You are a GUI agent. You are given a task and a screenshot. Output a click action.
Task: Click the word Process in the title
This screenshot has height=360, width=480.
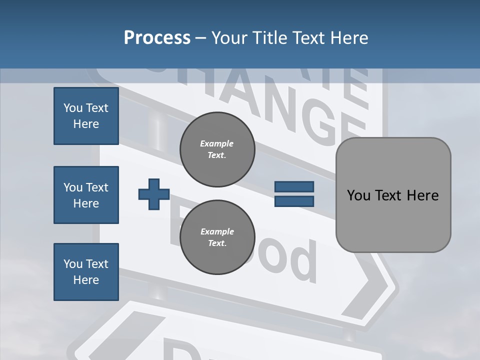pos(157,37)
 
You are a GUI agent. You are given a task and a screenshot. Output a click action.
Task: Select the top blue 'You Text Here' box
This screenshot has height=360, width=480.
pos(86,116)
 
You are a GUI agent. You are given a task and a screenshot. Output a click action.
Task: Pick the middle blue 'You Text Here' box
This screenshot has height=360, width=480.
pos(86,195)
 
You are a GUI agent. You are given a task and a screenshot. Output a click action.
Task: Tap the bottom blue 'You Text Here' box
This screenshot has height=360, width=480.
pos(86,272)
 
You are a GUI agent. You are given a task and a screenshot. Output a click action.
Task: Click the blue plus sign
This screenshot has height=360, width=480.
pos(154,194)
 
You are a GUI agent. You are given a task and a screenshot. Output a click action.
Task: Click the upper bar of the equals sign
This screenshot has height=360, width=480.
pos(294,187)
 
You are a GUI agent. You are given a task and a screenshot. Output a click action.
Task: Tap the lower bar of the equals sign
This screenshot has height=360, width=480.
pos(294,201)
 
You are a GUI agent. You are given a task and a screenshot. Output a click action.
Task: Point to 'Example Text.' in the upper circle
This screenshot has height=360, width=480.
pos(217,149)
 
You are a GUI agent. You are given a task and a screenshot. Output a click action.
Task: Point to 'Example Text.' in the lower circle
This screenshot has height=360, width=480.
pos(217,237)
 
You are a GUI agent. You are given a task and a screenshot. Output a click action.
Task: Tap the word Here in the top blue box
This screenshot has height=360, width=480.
pos(86,124)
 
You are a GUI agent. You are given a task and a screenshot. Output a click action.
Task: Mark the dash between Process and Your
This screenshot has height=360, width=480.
pos(200,38)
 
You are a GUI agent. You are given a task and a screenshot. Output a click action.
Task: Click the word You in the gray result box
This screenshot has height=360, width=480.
pos(358,195)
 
